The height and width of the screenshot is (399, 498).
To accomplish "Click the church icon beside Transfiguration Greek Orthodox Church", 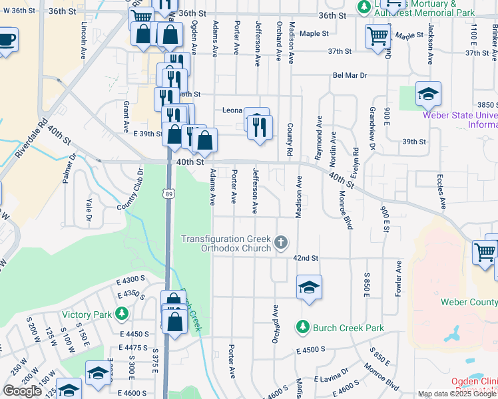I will coord(282,242).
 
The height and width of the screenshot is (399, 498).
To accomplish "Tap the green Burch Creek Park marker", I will coord(303,327).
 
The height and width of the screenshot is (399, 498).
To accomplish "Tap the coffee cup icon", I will coord(6,39).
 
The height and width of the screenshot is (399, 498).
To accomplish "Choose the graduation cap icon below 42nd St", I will coord(309,287).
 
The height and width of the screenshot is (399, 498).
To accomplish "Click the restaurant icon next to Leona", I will coord(260,126).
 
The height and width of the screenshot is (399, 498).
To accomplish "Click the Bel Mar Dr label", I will coord(350,76).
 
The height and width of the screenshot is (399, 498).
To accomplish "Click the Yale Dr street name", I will coord(88,208).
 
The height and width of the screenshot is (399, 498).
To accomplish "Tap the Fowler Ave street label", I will coord(399,278).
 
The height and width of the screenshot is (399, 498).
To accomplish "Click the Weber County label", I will coord(469,302).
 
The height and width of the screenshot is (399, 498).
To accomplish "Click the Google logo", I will coord(22,391).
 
